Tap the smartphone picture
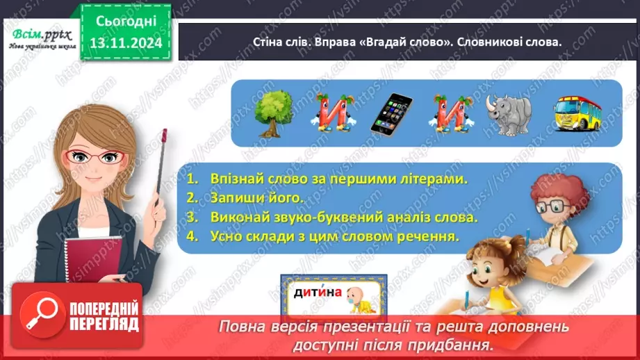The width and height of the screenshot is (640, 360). (390, 114)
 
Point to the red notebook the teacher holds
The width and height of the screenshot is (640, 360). (95, 268)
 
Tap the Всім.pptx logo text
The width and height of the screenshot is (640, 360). (39, 35)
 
